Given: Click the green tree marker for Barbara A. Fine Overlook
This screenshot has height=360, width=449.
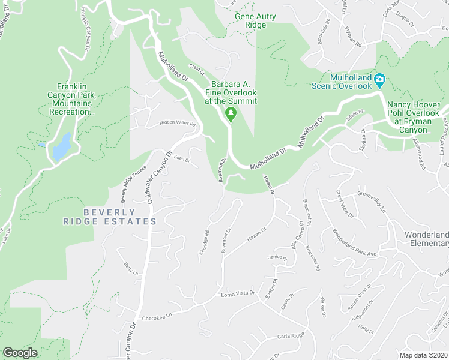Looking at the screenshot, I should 230,113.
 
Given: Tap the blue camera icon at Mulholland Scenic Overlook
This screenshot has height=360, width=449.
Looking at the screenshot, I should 379,79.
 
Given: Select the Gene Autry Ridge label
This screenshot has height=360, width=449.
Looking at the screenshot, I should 256,21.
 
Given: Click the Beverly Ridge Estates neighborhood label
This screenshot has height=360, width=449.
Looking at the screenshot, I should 110,217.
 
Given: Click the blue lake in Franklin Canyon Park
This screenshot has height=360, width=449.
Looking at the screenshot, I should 61,146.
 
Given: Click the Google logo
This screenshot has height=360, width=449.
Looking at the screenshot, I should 20,353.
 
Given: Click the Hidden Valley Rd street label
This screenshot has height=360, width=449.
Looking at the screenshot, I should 177,124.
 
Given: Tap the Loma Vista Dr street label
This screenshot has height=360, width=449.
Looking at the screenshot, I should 238,295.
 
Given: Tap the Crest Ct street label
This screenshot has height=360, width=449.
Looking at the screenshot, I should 197,70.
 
